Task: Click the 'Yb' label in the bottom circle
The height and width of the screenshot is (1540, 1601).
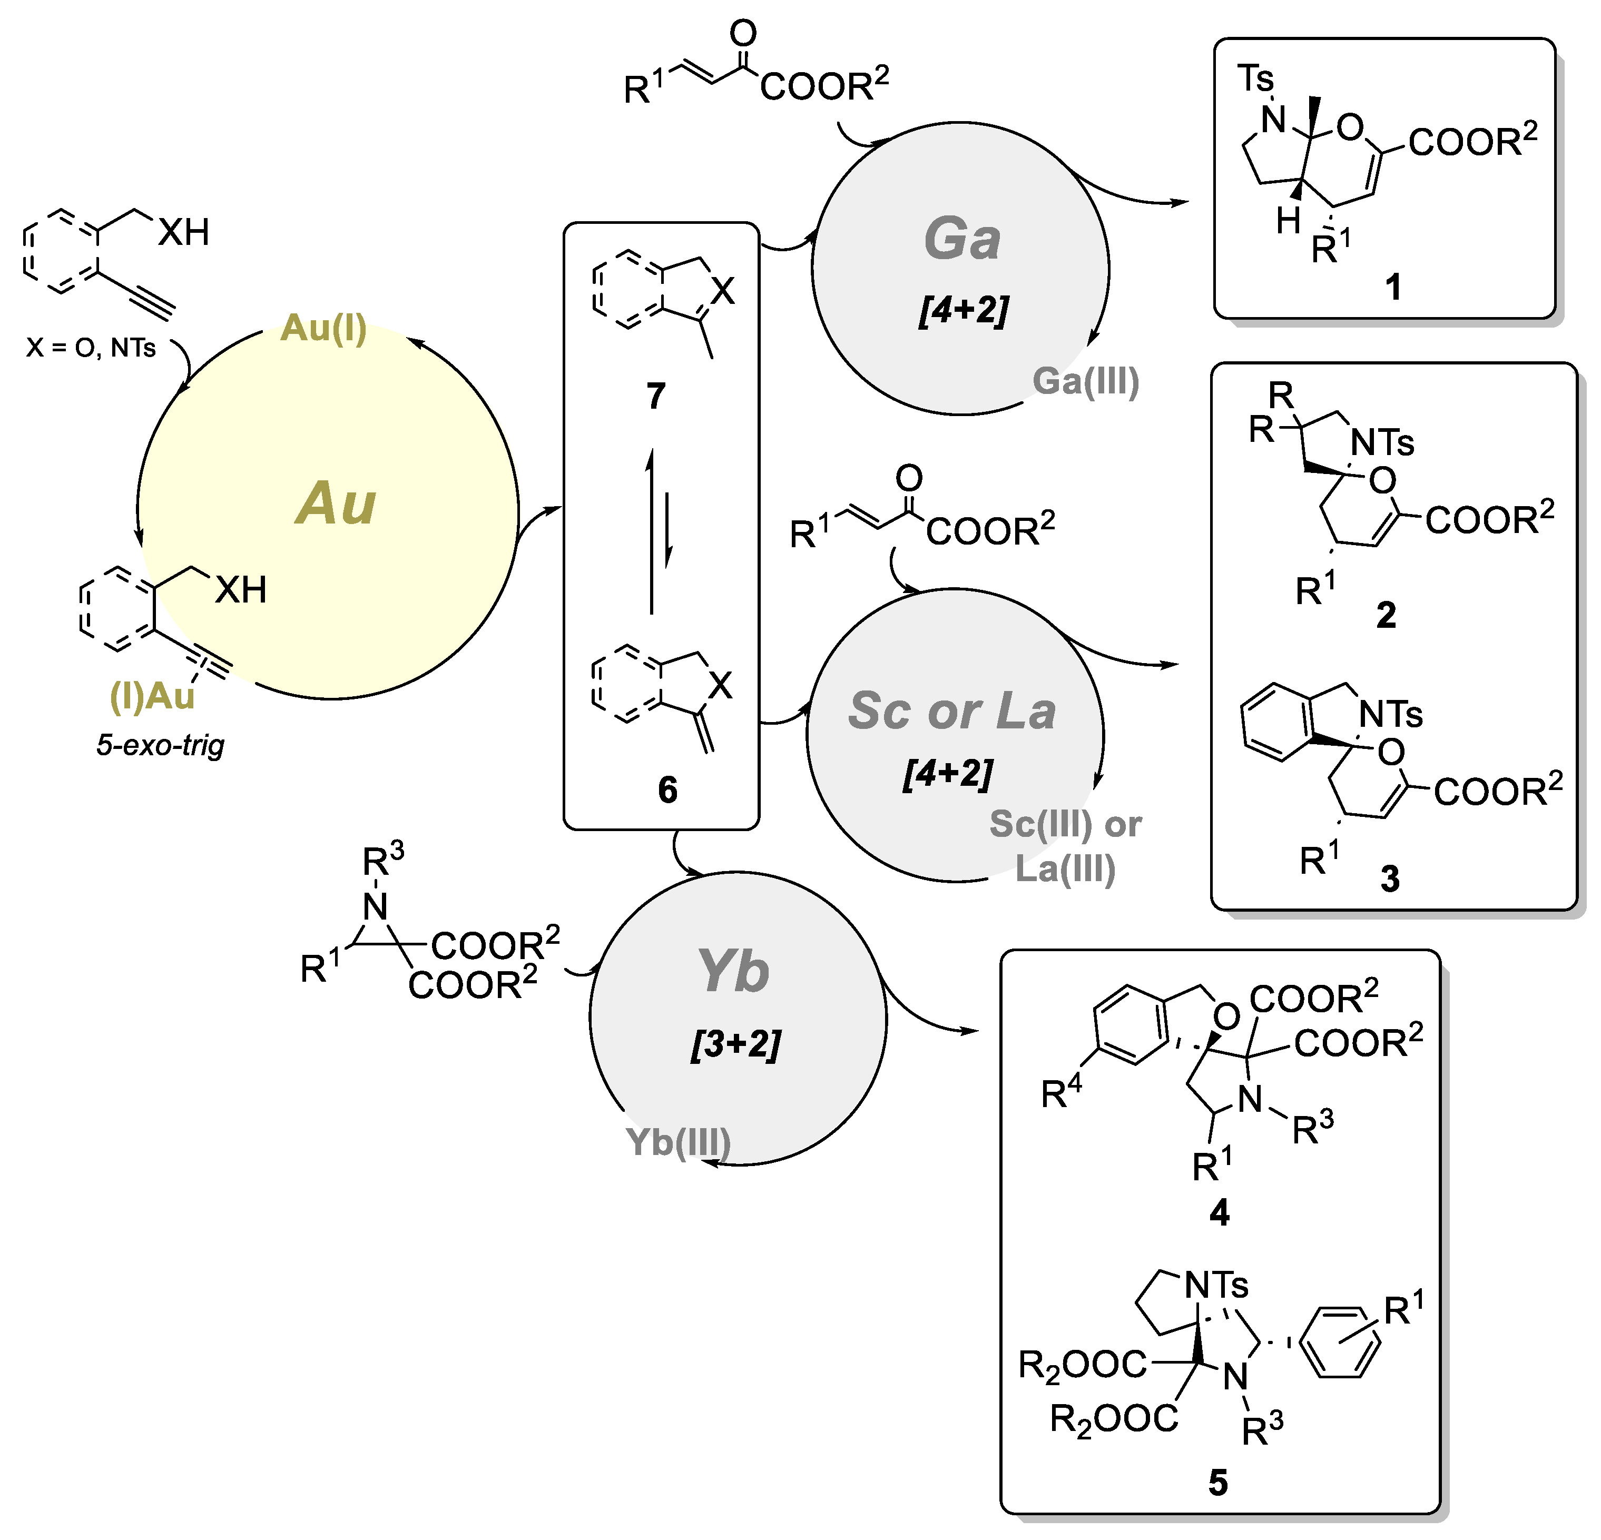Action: pyautogui.click(x=733, y=972)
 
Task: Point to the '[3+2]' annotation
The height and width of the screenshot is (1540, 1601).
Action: pyautogui.click(x=735, y=1044)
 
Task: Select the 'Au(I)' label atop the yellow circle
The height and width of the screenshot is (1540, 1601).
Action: pyautogui.click(x=323, y=328)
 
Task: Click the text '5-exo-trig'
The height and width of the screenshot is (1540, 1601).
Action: pyautogui.click(x=160, y=745)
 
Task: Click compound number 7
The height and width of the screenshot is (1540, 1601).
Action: pyautogui.click(x=656, y=396)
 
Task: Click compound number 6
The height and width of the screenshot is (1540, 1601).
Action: pyautogui.click(x=667, y=789)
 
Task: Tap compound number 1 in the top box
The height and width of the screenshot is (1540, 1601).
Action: pyautogui.click(x=1393, y=288)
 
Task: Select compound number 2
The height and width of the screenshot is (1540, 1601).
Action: pyautogui.click(x=1386, y=615)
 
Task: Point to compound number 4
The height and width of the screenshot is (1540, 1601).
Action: pyautogui.click(x=1219, y=1213)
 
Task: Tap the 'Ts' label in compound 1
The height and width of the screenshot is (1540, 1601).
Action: pyautogui.click(x=1255, y=79)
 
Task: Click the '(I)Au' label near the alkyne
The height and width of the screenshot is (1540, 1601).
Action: pyautogui.click(x=152, y=696)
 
